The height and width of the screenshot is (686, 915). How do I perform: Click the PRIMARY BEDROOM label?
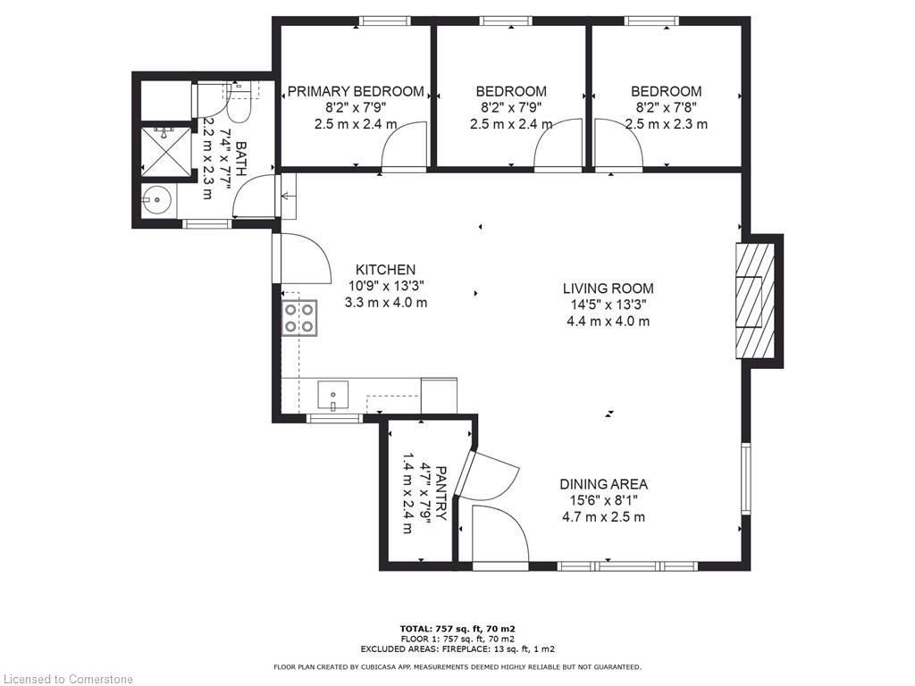[x=356, y=92]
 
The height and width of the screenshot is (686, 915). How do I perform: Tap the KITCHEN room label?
[x=386, y=270]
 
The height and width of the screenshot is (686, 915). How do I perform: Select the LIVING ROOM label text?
[x=608, y=289]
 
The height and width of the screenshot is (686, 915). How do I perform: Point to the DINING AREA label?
[x=603, y=484]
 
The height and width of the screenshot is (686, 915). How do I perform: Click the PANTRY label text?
[x=441, y=493]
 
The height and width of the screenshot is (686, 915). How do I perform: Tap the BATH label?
[x=241, y=160]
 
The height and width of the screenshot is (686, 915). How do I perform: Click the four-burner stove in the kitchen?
[x=300, y=318]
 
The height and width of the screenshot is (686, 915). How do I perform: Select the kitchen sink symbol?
[x=332, y=395]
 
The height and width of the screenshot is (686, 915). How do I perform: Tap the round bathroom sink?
[x=156, y=200]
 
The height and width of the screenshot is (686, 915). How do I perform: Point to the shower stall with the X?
[x=165, y=149]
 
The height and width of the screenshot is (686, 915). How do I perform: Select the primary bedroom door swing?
[x=404, y=146]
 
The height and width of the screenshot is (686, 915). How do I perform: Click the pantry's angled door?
[x=465, y=473]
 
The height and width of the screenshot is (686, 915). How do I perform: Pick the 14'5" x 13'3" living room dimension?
[x=608, y=305]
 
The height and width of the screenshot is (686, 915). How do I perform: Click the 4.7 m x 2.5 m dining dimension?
[x=603, y=517]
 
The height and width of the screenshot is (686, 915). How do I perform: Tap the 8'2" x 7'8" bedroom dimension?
[x=666, y=108]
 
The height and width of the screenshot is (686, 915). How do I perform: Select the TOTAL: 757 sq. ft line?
[x=457, y=629]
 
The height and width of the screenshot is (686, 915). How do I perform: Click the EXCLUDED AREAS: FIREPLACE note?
[x=457, y=648]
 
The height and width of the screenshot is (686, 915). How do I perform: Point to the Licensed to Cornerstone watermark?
[x=66, y=679]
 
